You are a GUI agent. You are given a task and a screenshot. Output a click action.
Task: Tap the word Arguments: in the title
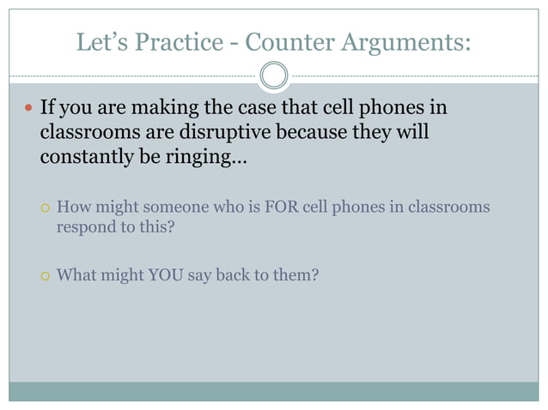click(x=411, y=43)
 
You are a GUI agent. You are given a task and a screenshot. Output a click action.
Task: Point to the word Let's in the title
click(x=101, y=41)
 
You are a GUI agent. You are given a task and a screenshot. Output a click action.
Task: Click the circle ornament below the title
click(x=274, y=75)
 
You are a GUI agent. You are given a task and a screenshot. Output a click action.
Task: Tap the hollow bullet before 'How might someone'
click(x=45, y=208)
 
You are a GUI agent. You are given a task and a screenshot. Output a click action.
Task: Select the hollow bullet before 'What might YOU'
click(x=45, y=277)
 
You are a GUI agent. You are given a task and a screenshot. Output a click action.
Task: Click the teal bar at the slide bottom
click(x=274, y=391)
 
